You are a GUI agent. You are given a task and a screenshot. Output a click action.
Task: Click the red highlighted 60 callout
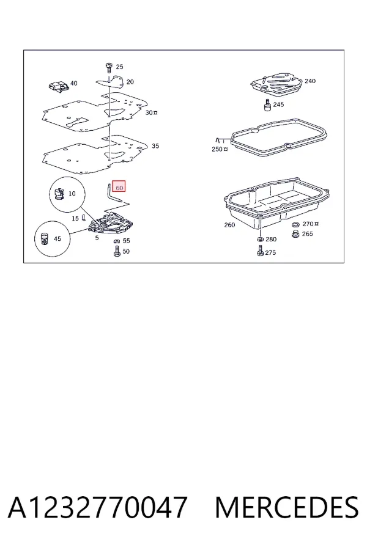[x=119, y=188]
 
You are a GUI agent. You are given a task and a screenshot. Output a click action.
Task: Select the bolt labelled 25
[x=108, y=68]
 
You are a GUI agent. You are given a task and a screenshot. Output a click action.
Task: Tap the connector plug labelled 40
[x=58, y=87]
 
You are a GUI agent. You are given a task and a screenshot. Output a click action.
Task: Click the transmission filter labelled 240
[x=276, y=83]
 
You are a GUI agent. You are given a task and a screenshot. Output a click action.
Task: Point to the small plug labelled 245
[x=267, y=105]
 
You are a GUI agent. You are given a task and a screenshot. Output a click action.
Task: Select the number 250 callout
[x=217, y=149]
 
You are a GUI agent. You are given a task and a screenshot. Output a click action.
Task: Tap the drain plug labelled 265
[x=295, y=234]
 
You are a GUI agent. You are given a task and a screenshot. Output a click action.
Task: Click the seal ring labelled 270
[x=295, y=224]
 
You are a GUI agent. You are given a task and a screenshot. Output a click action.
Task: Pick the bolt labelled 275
[x=260, y=251]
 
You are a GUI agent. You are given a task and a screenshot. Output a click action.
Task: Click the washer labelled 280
[x=260, y=239]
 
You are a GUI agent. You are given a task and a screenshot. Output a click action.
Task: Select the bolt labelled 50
[x=117, y=251]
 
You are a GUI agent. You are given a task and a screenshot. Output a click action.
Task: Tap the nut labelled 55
[x=117, y=241]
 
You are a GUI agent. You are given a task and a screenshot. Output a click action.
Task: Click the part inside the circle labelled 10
[x=59, y=194]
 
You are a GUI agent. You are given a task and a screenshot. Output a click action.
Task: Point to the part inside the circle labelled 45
[x=44, y=239]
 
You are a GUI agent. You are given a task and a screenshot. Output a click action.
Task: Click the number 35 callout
[x=155, y=146]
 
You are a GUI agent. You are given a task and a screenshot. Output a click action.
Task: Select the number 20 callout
[x=130, y=82]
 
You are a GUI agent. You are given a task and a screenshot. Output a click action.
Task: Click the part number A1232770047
[x=97, y=507]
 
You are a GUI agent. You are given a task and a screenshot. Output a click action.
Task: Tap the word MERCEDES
[x=287, y=507]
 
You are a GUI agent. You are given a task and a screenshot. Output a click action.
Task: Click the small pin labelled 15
[x=84, y=218]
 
